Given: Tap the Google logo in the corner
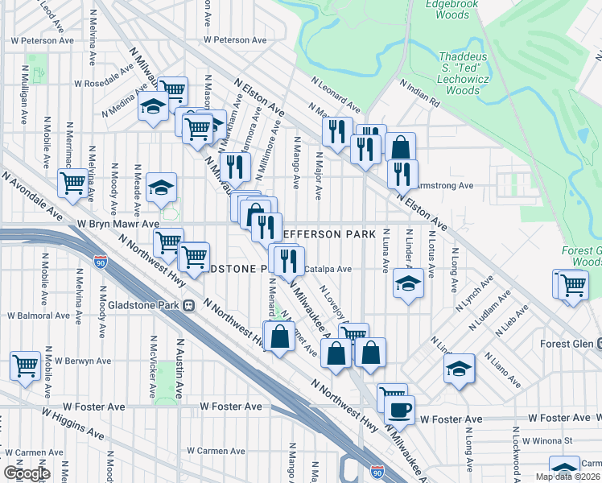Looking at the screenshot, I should pos(27,473).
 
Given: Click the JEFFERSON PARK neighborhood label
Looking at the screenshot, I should pos(328,234).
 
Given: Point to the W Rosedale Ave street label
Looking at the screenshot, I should pos(102,82).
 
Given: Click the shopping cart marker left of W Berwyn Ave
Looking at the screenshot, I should pos(26,365).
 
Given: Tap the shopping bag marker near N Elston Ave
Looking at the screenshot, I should pos(400,148).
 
